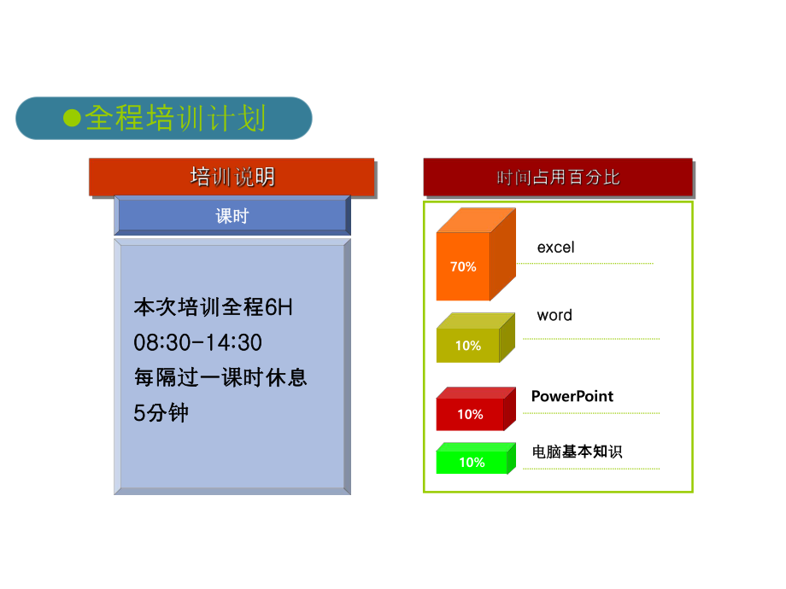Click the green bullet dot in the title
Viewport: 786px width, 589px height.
pyautogui.click(x=73, y=118)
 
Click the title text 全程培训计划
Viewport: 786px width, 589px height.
pyautogui.click(x=176, y=118)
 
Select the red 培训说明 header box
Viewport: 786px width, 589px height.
pyautogui.click(x=232, y=177)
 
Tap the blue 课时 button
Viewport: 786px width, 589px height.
pyautogui.click(x=232, y=215)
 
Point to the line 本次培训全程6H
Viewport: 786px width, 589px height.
pyautogui.click(x=214, y=306)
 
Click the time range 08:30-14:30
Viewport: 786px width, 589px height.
pyautogui.click(x=198, y=342)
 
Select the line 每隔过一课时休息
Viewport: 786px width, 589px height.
pyautogui.click(x=220, y=377)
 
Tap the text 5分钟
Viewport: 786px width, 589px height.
pyautogui.click(x=161, y=413)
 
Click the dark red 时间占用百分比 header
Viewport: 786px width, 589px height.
pyautogui.click(x=558, y=178)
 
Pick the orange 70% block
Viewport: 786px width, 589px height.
pyautogui.click(x=464, y=265)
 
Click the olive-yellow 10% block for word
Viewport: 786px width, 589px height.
pyautogui.click(x=468, y=345)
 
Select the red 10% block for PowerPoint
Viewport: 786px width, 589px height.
pyautogui.click(x=470, y=414)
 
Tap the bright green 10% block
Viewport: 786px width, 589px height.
pyautogui.click(x=472, y=462)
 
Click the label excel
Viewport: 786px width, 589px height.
pyautogui.click(x=555, y=248)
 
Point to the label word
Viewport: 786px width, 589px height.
pyautogui.click(x=554, y=315)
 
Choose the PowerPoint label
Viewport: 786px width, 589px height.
pyautogui.click(x=572, y=396)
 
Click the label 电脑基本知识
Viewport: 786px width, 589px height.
pyautogui.click(x=577, y=452)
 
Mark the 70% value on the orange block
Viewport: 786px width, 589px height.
pyautogui.click(x=463, y=266)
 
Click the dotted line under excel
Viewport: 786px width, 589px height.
pyautogui.click(x=585, y=264)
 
